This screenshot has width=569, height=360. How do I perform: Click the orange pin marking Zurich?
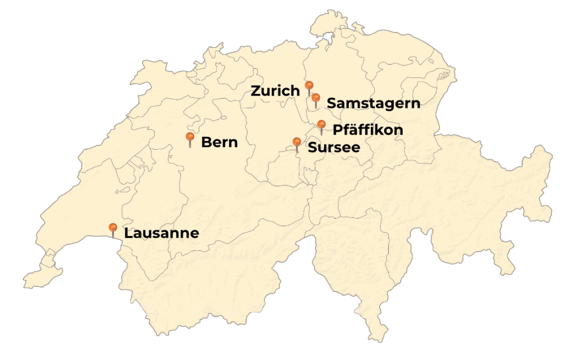310,86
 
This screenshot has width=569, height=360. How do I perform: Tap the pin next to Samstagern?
315,98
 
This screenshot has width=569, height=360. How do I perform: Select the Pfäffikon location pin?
321,125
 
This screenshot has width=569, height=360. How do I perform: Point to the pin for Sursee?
297,142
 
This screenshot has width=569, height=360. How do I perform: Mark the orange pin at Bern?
190,137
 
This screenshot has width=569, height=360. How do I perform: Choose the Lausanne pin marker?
113,228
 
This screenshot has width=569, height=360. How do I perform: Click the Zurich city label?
275,91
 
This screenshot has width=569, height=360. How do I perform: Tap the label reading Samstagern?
373,104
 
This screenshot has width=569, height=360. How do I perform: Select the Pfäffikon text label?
367,130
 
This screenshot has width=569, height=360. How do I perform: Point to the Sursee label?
333,147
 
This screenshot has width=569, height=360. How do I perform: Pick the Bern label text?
219,142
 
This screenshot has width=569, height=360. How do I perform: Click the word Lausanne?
161,234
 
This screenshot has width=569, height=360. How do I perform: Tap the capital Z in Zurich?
256,91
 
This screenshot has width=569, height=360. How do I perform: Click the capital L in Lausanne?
128,234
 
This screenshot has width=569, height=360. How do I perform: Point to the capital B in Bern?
206,142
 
